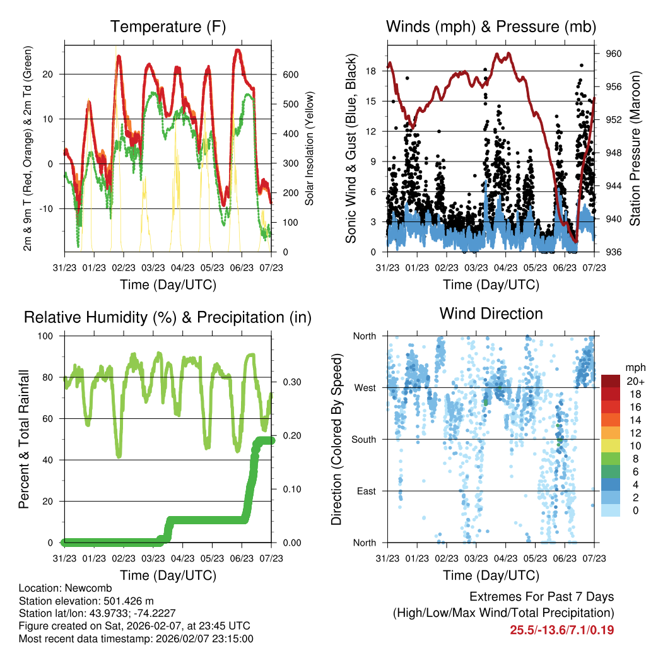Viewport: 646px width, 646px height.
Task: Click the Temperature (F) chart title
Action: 168,27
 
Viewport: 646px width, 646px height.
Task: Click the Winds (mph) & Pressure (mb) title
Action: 491,27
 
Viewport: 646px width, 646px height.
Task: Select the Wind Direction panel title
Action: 491,314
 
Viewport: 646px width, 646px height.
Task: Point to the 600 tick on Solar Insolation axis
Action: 290,74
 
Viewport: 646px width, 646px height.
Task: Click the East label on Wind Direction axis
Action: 363,491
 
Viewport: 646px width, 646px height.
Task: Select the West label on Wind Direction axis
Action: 363,387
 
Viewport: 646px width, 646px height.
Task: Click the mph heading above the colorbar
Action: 633,367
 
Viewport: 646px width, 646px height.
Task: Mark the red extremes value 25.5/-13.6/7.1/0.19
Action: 562,630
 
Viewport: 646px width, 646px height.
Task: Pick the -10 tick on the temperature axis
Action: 51,209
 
